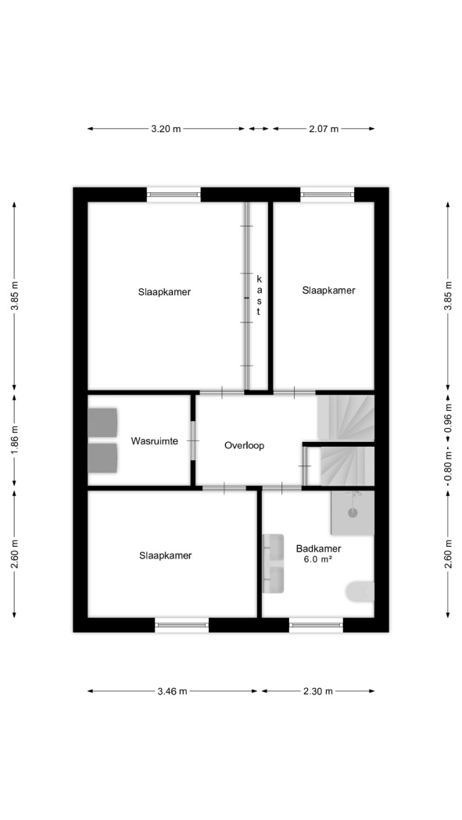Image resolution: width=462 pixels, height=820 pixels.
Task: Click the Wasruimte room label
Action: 154,441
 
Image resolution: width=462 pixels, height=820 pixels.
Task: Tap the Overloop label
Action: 245,446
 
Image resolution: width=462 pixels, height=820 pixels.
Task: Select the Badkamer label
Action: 319,548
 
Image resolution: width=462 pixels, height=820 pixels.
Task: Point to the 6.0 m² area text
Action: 319,559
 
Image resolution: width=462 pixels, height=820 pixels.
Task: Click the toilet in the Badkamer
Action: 360,591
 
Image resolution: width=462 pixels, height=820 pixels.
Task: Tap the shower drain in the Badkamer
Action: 353,513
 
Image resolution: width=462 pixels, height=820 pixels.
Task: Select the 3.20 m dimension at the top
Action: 166,129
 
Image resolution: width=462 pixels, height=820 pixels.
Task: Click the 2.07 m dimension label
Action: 324,129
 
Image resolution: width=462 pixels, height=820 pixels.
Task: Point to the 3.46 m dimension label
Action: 172,691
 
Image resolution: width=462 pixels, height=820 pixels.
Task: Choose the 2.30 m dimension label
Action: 318,691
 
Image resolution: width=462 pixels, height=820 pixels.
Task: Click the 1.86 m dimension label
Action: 15,440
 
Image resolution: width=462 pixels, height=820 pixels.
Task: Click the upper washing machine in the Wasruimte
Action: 102,422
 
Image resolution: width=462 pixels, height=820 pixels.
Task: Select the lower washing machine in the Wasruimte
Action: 102,458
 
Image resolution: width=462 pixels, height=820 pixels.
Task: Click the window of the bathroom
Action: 316,625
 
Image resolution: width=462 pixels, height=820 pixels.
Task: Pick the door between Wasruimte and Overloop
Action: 192,441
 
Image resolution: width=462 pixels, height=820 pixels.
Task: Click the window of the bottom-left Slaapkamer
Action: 181,625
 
